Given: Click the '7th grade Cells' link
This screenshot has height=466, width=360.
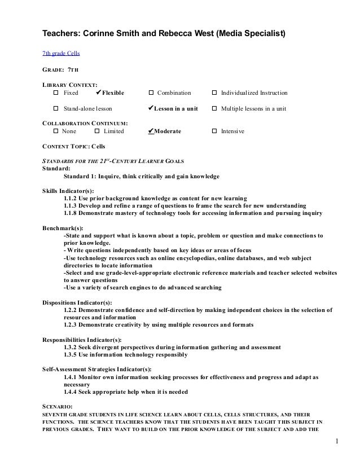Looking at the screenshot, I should (62, 54).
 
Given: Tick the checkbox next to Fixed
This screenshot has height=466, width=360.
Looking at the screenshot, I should (56, 93).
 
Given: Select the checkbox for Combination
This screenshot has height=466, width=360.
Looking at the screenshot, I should (151, 93).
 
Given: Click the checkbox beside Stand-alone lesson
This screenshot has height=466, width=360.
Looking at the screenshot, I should (56, 108).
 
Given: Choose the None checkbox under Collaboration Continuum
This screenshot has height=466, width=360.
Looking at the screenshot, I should (56, 131).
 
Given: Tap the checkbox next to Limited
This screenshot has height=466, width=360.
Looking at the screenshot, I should (98, 131).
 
